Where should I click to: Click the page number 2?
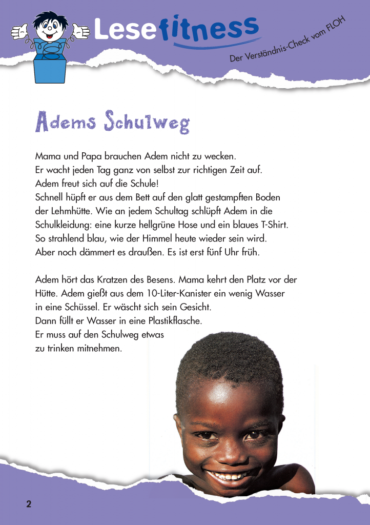tap(29, 504)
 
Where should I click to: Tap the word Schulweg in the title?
tap(147, 122)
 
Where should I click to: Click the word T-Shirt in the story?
tap(275, 225)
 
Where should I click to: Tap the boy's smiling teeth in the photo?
tap(230, 475)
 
